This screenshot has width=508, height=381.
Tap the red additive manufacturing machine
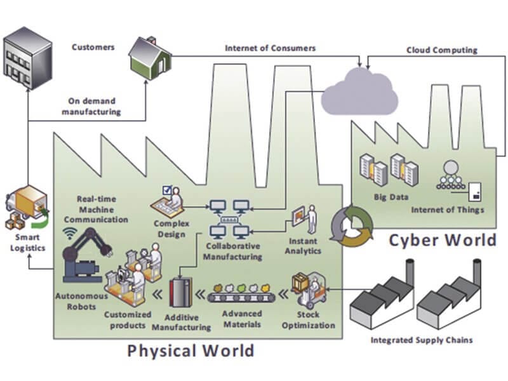(x=181, y=295)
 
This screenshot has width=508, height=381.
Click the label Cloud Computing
(x=442, y=50)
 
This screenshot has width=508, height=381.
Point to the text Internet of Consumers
(x=270, y=48)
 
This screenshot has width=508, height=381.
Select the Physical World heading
(x=190, y=350)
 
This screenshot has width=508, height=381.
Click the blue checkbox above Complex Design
(x=168, y=189)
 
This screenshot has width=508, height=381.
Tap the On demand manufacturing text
(x=94, y=105)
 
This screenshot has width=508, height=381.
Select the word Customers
(x=93, y=47)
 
